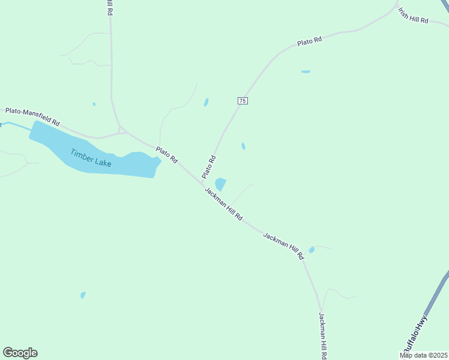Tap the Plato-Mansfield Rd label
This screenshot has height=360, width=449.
click(x=32, y=116)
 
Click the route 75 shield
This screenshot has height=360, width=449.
click(x=243, y=101)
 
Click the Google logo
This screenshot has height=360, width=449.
click(x=20, y=353)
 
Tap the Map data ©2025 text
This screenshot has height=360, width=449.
click(x=424, y=355)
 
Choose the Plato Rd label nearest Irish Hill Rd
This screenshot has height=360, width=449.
click(x=310, y=41)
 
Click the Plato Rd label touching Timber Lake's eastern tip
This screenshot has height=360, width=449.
click(x=166, y=156)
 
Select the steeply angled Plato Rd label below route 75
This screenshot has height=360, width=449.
click(x=209, y=167)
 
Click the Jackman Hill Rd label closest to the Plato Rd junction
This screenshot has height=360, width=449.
click(x=223, y=204)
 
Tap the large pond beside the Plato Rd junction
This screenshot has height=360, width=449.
click(x=220, y=184)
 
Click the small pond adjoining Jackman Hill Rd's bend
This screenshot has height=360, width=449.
click(x=311, y=250)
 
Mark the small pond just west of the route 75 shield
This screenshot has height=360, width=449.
click(x=206, y=103)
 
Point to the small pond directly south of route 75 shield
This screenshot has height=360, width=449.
click(x=243, y=146)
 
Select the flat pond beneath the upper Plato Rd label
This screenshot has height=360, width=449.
click(x=306, y=72)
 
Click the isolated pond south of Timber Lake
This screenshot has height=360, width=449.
click(x=83, y=295)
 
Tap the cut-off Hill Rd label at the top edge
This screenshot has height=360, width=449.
click(x=110, y=8)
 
